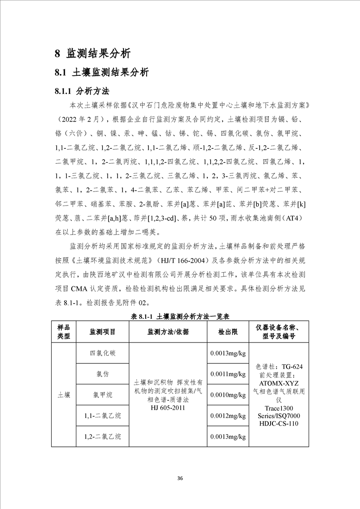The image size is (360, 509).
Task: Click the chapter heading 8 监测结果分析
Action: tap(93, 53)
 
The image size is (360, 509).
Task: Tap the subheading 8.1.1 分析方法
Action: tap(82, 90)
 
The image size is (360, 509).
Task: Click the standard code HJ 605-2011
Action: tap(168, 407)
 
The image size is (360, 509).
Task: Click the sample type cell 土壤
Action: tap(64, 395)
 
